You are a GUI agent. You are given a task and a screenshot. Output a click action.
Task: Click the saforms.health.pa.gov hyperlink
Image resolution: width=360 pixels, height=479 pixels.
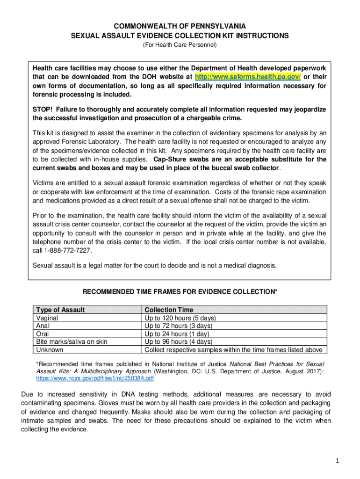tap(248, 76)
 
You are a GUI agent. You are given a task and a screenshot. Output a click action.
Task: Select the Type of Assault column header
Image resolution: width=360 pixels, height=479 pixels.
tap(60, 310)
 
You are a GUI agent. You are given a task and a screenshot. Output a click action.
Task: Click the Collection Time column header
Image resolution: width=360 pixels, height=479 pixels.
tap(168, 310)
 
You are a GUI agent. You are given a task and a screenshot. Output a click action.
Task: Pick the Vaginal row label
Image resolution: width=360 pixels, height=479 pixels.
tap(47, 318)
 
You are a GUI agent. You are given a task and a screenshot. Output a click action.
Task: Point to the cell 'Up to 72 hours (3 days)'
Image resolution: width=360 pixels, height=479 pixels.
tap(179, 326)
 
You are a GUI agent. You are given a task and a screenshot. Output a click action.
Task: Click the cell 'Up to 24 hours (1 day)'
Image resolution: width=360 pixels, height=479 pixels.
tap(177, 334)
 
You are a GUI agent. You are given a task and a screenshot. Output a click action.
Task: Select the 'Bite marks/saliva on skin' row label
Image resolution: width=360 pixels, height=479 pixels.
tap(72, 341)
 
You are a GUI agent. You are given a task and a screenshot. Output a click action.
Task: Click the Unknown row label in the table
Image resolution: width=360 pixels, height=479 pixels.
tap(50, 349)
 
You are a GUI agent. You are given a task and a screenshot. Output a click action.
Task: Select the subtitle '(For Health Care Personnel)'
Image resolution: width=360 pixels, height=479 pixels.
tap(180, 45)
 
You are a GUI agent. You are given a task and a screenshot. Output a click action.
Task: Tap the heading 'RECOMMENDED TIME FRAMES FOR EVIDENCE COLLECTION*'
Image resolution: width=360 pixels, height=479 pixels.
tap(180, 292)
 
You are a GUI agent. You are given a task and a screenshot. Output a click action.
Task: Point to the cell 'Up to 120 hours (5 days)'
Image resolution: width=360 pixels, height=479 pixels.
tap(180, 318)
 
